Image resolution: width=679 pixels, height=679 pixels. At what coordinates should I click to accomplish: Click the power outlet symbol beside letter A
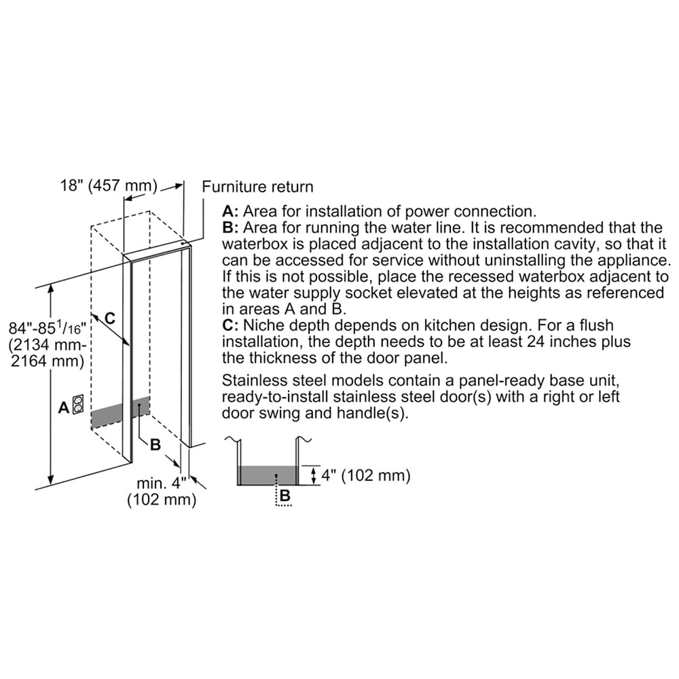click(x=78, y=403)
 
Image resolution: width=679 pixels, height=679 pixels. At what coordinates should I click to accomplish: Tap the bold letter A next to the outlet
click(x=64, y=407)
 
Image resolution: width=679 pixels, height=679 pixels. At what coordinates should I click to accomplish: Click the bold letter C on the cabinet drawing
click(x=110, y=318)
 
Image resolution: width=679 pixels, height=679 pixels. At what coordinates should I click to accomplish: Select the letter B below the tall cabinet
click(x=155, y=445)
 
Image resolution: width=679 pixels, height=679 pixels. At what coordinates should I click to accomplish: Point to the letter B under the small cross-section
click(x=285, y=495)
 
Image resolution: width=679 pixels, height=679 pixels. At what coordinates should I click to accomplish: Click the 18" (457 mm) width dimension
click(x=109, y=185)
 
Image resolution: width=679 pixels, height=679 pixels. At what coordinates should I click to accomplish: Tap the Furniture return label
click(x=257, y=187)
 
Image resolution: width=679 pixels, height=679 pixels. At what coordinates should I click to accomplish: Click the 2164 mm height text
click(x=48, y=361)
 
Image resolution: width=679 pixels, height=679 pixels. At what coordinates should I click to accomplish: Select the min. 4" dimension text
click(x=162, y=483)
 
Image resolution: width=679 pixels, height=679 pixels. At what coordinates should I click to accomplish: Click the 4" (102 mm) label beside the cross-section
click(x=365, y=475)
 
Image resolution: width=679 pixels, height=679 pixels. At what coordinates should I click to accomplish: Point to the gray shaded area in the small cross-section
click(x=267, y=475)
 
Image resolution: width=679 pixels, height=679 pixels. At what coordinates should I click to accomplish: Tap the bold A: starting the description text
click(x=230, y=211)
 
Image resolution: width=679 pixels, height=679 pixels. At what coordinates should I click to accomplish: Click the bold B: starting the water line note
click(x=230, y=227)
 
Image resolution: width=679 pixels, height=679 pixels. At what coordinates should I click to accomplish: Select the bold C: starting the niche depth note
click(x=230, y=325)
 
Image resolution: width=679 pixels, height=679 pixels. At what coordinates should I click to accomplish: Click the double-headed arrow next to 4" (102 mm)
click(x=314, y=475)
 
